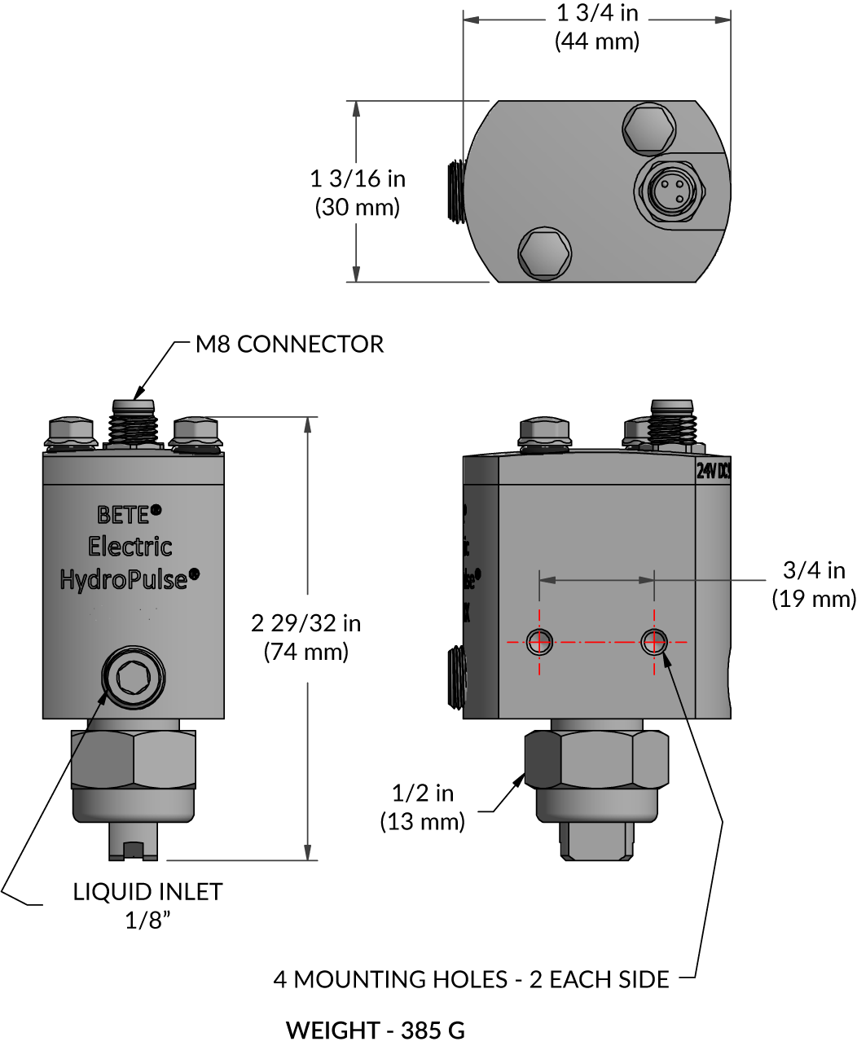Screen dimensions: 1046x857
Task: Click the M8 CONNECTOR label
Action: pyautogui.click(x=289, y=345)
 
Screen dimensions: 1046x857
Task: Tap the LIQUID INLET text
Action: pyautogui.click(x=147, y=892)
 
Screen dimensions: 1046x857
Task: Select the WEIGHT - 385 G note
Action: pyautogui.click(x=376, y=1030)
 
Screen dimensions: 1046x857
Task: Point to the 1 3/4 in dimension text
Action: pyautogui.click(x=597, y=13)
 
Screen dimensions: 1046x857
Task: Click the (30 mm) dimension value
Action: pyautogui.click(x=358, y=207)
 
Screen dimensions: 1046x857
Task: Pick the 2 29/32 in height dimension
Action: pyautogui.click(x=305, y=623)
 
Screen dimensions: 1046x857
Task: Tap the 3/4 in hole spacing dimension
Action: pyautogui.click(x=814, y=570)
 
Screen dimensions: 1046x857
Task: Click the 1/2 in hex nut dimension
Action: pyautogui.click(x=423, y=793)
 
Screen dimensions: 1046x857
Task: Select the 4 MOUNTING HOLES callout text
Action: pyautogui.click(x=471, y=978)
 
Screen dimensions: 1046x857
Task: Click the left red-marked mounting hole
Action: pyautogui.click(x=538, y=642)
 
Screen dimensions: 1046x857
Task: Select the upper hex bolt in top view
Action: pyautogui.click(x=649, y=129)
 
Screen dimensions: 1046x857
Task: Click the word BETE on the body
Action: pyautogui.click(x=124, y=515)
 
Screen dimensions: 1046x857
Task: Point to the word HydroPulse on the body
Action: pyautogui.click(x=124, y=579)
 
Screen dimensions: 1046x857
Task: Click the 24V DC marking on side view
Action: pyautogui.click(x=713, y=470)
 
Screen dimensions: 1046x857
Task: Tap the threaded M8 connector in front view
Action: pyautogui.click(x=132, y=424)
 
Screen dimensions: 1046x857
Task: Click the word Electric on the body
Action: pyautogui.click(x=130, y=547)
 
